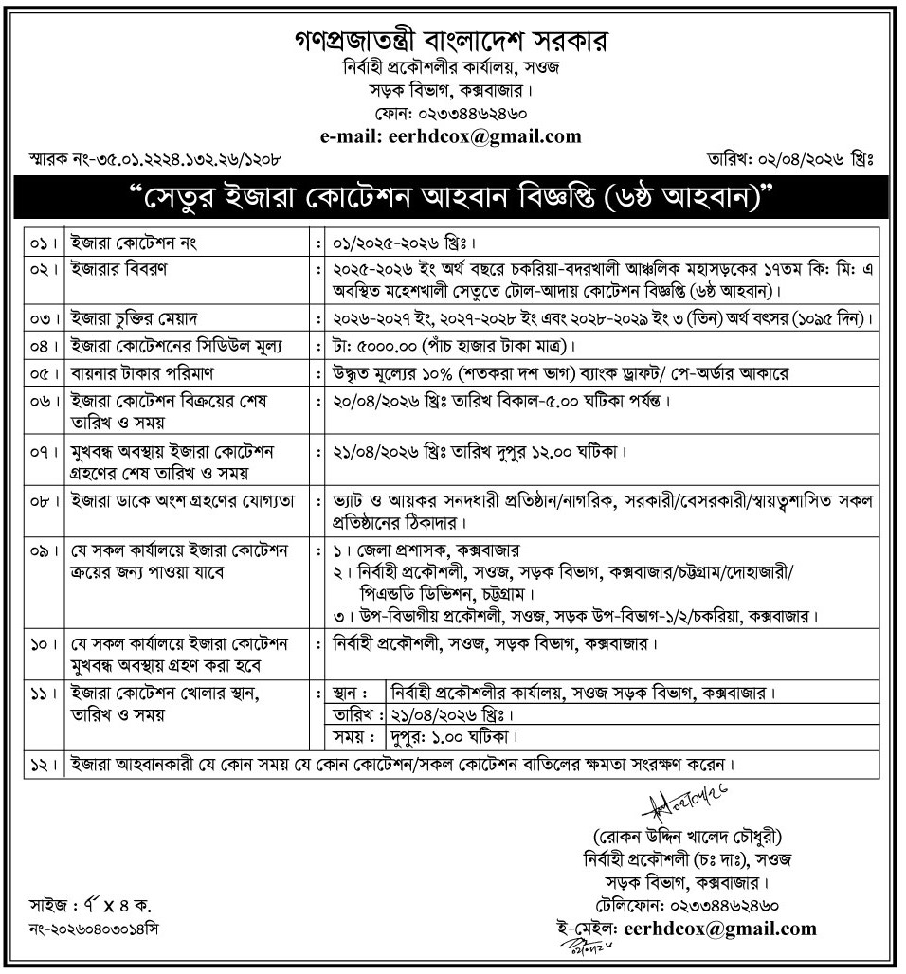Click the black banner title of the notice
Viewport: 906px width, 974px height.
(x=452, y=200)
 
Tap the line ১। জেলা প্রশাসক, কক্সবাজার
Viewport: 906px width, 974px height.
(x=427, y=550)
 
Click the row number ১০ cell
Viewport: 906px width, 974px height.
(x=41, y=645)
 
